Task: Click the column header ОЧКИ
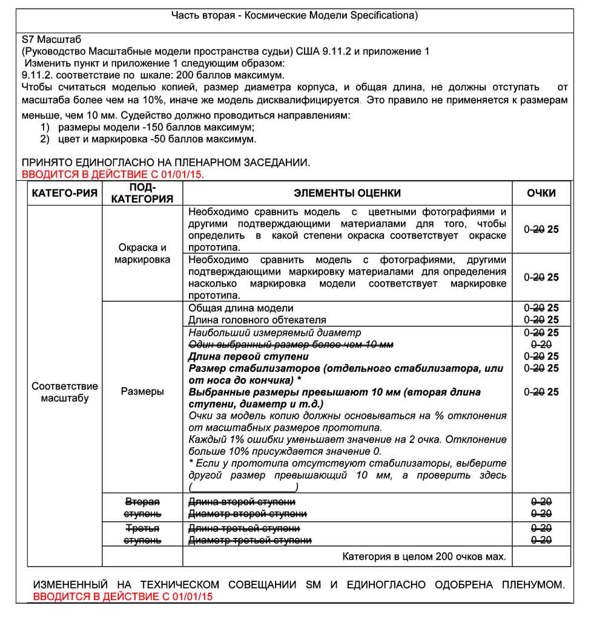pyautogui.click(x=541, y=193)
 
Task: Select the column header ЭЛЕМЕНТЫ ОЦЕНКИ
pyautogui.click(x=347, y=193)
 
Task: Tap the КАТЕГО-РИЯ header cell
pyautogui.click(x=65, y=193)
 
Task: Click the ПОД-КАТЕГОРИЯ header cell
pyautogui.click(x=143, y=193)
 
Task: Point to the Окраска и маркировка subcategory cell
pyautogui.click(x=142, y=253)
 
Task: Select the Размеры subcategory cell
pyautogui.click(x=142, y=391)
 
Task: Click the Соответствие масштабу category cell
pyautogui.click(x=65, y=392)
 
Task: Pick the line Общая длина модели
pyautogui.click(x=241, y=308)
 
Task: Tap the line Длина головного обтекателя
pyautogui.click(x=257, y=320)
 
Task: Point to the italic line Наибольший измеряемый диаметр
pyautogui.click(x=274, y=333)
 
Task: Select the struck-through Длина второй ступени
pyautogui.click(x=242, y=502)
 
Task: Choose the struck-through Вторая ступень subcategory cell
pyautogui.click(x=142, y=508)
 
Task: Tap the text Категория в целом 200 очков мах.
pyautogui.click(x=424, y=556)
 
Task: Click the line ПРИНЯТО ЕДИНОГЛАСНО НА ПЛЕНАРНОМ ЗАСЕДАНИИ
pyautogui.click(x=166, y=163)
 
